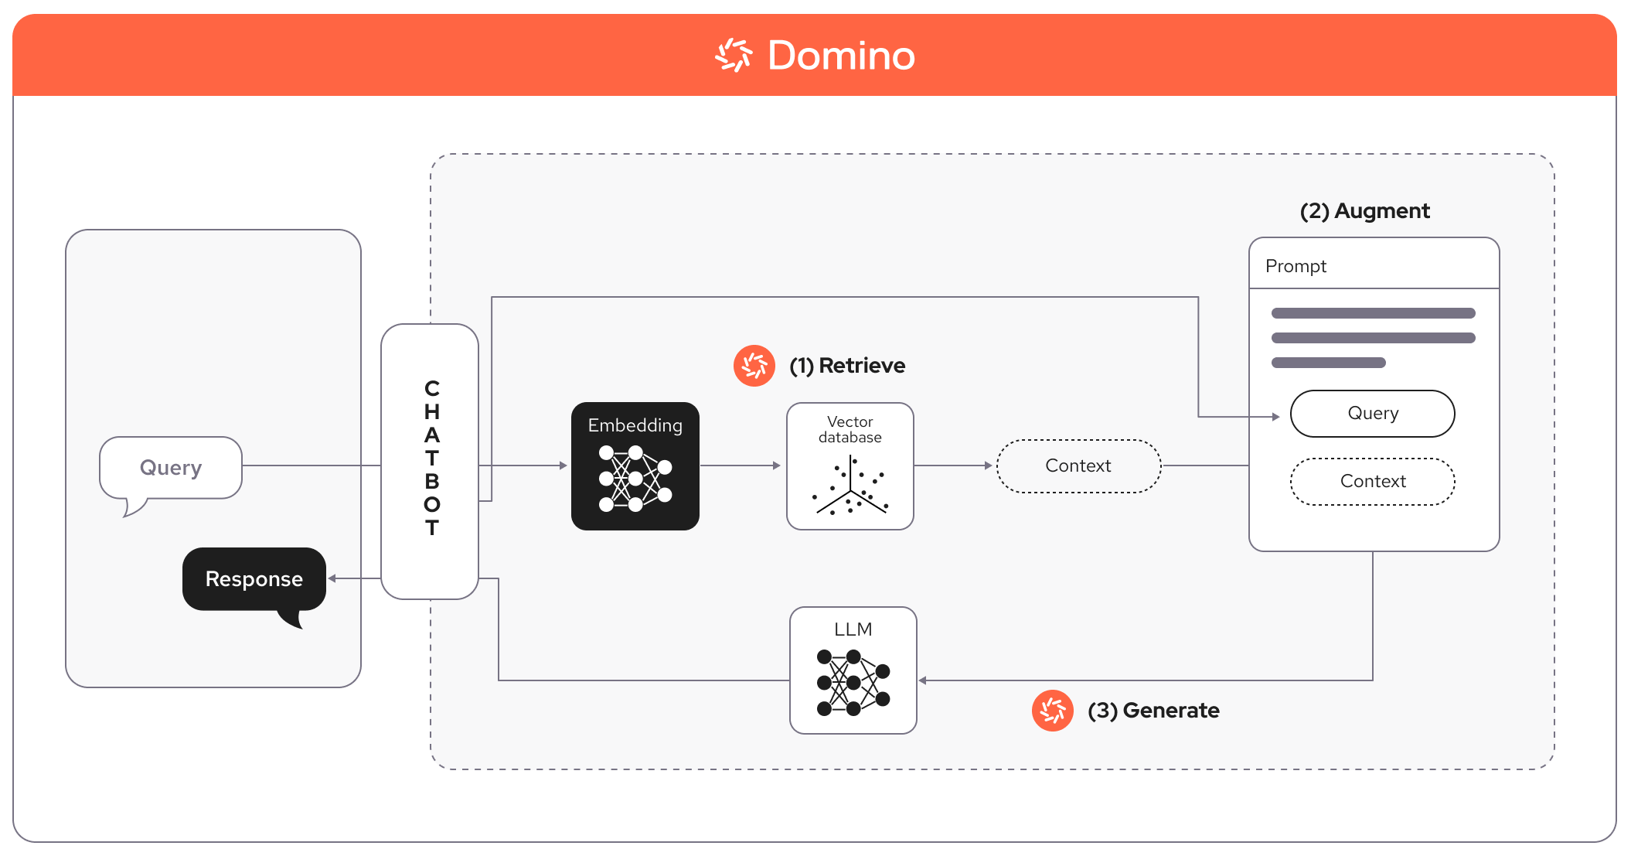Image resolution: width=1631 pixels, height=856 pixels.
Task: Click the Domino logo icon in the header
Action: [733, 56]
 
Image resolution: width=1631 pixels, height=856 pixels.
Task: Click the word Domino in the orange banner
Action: [841, 56]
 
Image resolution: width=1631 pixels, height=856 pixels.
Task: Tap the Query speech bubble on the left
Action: [171, 468]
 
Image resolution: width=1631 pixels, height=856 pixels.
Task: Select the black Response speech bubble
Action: [254, 579]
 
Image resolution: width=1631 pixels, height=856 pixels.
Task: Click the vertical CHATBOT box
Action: [431, 461]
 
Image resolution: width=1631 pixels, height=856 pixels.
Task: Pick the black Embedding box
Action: [635, 466]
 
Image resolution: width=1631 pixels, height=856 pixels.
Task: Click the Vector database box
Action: [850, 466]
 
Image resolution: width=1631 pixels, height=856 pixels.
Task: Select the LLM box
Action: [853, 670]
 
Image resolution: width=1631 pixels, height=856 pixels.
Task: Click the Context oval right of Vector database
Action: [1078, 466]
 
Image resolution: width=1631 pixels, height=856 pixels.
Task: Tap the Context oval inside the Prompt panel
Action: [1372, 481]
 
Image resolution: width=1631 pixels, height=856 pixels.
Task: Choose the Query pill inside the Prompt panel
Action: [1372, 414]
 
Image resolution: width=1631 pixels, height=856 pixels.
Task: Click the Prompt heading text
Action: [1296, 266]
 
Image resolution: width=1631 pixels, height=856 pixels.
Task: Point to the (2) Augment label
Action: [1364, 211]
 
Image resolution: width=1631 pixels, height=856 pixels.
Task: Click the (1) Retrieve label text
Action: [846, 366]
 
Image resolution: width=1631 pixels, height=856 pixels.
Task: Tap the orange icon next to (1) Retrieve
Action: [754, 366]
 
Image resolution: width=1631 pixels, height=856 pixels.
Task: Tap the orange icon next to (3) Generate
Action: [1052, 710]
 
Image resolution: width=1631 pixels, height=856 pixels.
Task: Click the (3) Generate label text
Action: [1153, 711]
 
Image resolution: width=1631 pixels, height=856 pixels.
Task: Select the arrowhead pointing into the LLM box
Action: [923, 680]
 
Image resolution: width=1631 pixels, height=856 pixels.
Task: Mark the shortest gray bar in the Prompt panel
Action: [1328, 363]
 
